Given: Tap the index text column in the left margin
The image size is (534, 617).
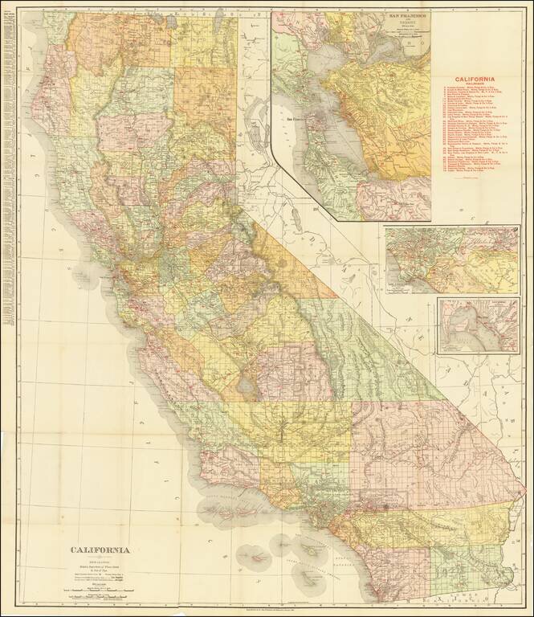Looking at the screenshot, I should [10, 161].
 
